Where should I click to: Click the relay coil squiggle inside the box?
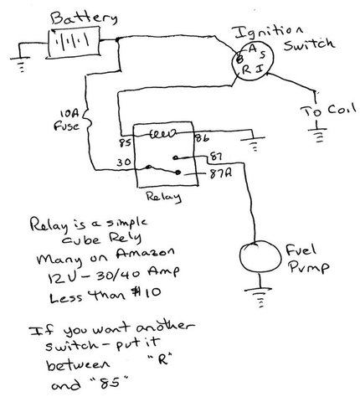tap(164, 134)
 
